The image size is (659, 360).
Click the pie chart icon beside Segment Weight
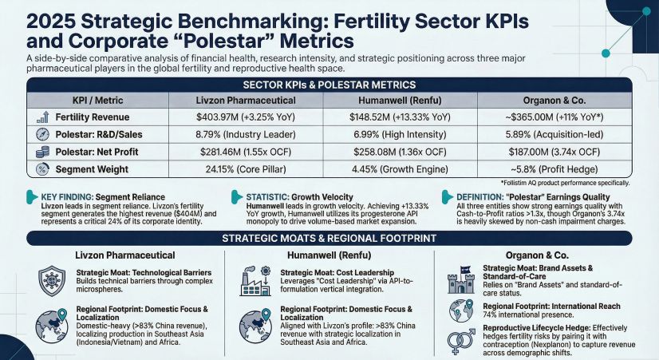pyautogui.click(x=41, y=168)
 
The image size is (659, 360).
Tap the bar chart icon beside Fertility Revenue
pyautogui.click(x=41, y=117)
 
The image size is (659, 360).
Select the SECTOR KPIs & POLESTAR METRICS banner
pyautogui.click(x=329, y=84)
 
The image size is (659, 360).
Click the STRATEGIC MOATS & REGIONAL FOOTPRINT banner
pyautogui.click(x=329, y=237)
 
